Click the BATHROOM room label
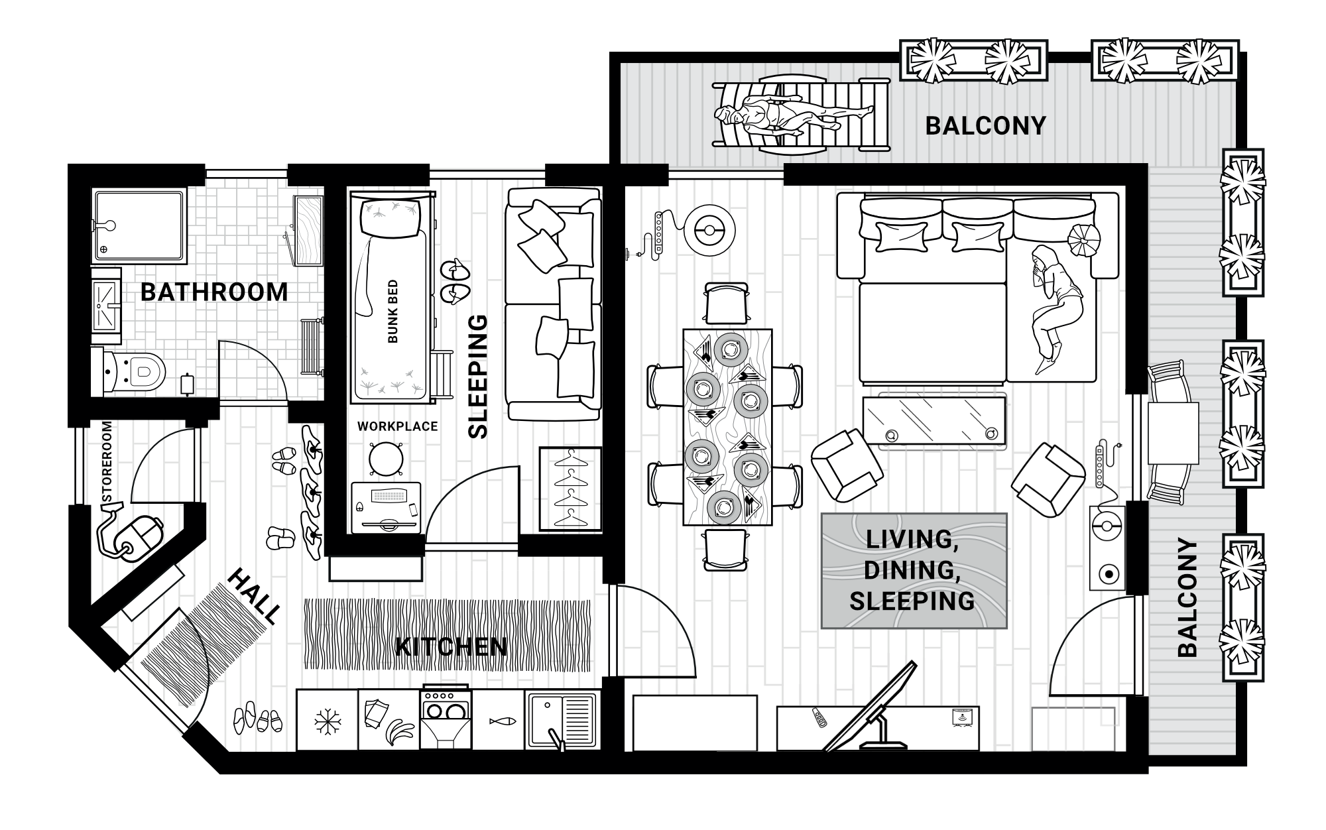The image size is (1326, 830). tap(214, 292)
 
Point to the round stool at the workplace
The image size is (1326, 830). tap(387, 457)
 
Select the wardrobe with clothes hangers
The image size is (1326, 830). tap(570, 489)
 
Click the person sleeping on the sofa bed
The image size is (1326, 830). tap(1054, 305)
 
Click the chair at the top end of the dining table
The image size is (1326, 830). tap(727, 303)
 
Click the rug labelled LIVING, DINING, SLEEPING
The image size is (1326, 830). tap(914, 571)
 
